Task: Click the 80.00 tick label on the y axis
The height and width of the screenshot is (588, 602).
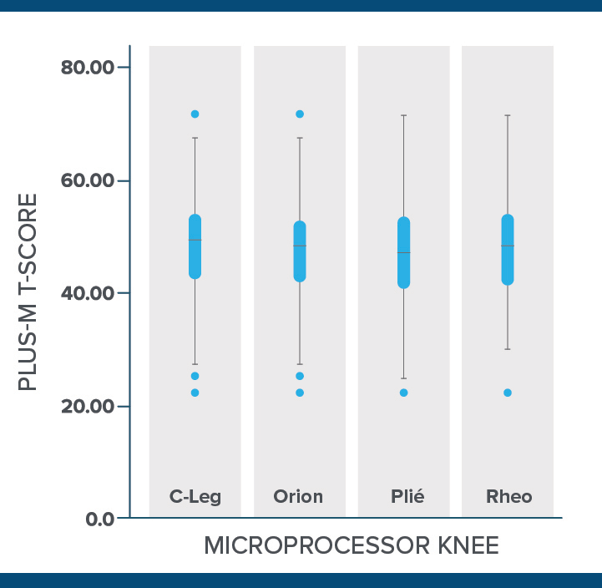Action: click(88, 68)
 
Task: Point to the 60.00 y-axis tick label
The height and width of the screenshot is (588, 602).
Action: click(88, 180)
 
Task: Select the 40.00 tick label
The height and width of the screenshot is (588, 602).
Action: click(88, 293)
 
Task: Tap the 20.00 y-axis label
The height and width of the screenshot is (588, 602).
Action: click(88, 406)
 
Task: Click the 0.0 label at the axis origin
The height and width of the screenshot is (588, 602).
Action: click(100, 519)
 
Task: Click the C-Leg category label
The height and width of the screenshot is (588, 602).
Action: click(195, 497)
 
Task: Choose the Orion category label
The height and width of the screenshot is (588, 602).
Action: click(298, 497)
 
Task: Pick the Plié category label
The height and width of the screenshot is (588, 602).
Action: click(407, 497)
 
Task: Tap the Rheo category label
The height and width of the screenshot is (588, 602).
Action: click(508, 497)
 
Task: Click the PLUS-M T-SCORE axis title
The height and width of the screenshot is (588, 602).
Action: click(28, 292)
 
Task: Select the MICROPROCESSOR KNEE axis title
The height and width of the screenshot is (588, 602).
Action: click(351, 546)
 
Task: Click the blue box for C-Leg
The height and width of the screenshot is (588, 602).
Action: click(195, 246)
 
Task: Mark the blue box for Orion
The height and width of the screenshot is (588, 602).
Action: click(300, 251)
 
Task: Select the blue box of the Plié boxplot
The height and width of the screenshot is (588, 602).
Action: click(404, 253)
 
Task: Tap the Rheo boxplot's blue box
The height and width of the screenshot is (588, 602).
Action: click(508, 251)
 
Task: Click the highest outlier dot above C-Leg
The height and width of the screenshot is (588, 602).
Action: click(195, 114)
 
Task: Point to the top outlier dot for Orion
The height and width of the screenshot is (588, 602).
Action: click(300, 114)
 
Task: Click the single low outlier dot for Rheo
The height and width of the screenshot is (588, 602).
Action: click(508, 393)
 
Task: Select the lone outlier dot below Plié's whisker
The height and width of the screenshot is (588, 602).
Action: click(404, 393)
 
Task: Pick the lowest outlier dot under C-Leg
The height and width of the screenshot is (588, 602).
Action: click(195, 393)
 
